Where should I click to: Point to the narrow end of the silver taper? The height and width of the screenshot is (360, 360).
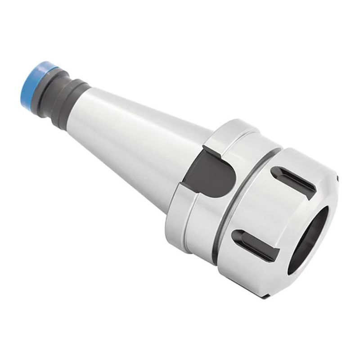point(92,108)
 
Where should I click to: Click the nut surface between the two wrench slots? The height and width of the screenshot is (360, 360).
point(270,207)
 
